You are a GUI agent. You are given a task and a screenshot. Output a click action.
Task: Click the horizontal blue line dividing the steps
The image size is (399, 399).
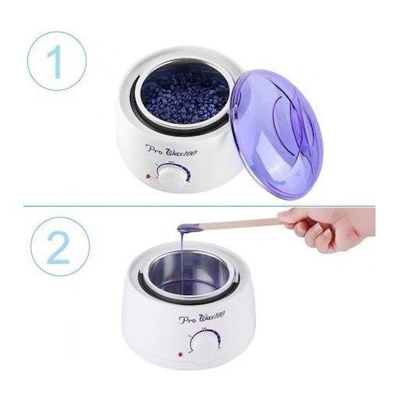200,207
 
